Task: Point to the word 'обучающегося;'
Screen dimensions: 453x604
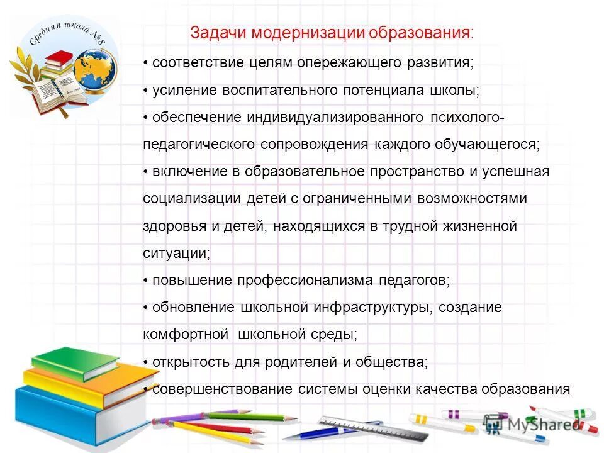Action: tap(487, 145)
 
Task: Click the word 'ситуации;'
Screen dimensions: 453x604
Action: tap(177, 253)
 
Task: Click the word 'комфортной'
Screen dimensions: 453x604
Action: tap(184, 334)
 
